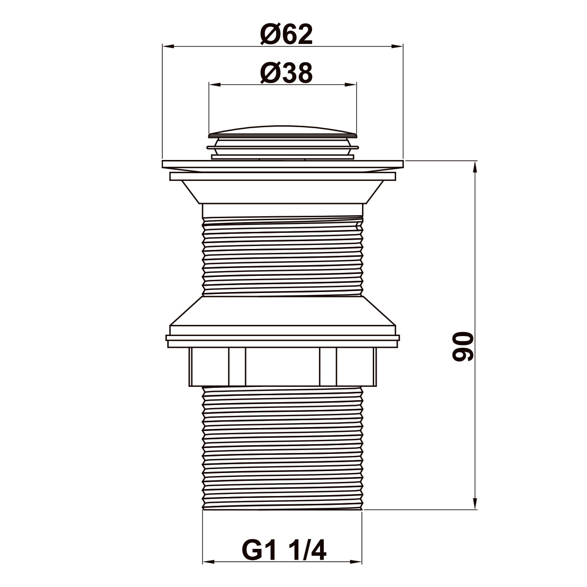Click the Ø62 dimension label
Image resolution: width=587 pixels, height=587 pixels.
pos(286,34)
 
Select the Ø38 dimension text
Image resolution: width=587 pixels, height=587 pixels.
pos(286,73)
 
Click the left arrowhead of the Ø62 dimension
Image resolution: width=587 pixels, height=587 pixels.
pos(168,46)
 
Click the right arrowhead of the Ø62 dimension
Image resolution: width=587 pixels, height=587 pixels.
pos(397,46)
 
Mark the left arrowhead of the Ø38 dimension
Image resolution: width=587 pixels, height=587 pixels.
pos(215,85)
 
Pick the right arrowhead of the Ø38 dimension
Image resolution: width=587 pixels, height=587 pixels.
pos(350,85)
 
